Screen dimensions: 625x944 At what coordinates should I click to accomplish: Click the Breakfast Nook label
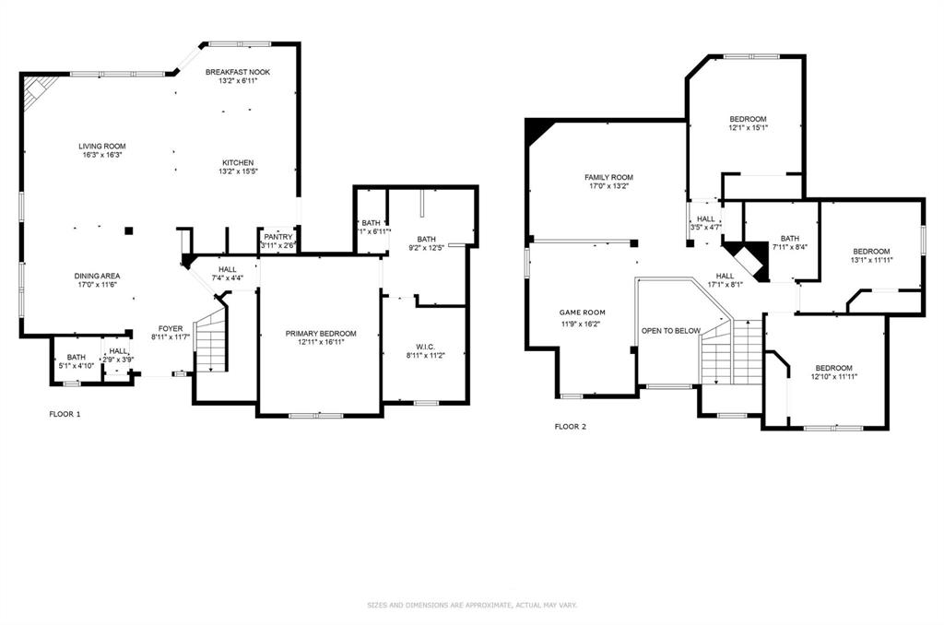click(238, 72)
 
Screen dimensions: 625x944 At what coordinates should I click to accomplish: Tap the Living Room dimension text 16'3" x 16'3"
click(101, 155)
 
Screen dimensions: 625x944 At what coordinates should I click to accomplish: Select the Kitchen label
click(237, 163)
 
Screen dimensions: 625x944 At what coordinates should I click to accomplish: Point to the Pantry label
click(277, 237)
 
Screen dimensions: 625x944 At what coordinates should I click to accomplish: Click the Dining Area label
click(98, 276)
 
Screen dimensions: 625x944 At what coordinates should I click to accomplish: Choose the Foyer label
click(171, 328)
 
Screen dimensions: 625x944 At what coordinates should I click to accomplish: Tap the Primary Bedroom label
click(320, 334)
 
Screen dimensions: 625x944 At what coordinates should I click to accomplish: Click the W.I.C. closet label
click(425, 348)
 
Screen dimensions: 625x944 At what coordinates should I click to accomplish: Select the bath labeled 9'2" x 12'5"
click(426, 240)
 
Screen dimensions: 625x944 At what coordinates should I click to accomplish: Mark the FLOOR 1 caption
click(65, 414)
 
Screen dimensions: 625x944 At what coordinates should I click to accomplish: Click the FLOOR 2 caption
click(570, 427)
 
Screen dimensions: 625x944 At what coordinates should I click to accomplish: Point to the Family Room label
click(608, 177)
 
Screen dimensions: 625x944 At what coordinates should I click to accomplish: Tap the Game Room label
click(582, 312)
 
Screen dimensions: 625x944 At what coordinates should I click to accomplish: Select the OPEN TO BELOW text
click(671, 330)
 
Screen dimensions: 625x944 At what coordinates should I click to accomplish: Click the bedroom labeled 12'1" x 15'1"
click(748, 119)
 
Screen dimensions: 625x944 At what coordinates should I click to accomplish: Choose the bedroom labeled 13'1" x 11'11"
click(871, 252)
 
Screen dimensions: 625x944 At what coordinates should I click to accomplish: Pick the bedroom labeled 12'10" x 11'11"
click(833, 368)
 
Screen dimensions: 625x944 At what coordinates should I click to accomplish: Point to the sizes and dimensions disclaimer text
click(472, 605)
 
